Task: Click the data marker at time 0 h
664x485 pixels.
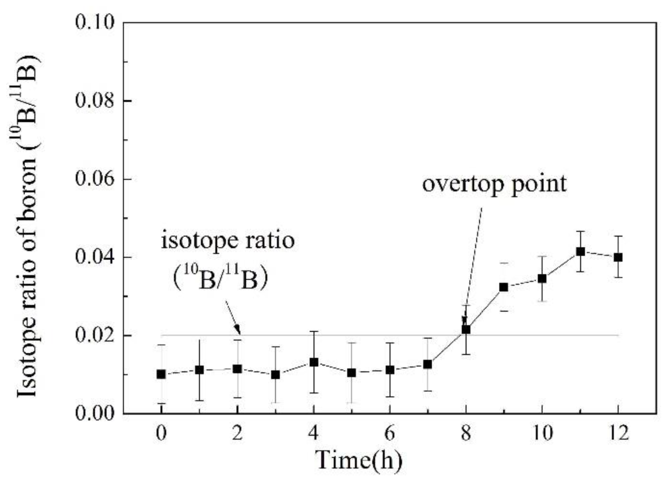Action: click(161, 374)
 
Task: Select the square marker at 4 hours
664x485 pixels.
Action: click(314, 362)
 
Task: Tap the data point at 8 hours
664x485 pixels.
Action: click(466, 329)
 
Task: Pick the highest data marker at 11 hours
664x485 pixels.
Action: click(580, 252)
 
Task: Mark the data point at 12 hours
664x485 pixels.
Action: click(618, 257)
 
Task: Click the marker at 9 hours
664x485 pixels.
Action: click(503, 287)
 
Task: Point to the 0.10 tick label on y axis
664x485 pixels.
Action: click(95, 23)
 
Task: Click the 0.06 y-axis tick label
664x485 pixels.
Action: click(95, 179)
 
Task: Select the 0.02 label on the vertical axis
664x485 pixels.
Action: click(95, 335)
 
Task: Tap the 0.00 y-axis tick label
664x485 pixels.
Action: click(95, 413)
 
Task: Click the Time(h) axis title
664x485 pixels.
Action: click(359, 461)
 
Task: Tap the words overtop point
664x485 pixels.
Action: click(494, 184)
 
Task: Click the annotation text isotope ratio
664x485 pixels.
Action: click(228, 241)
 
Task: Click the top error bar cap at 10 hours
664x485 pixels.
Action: click(542, 256)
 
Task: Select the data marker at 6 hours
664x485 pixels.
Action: click(390, 370)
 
